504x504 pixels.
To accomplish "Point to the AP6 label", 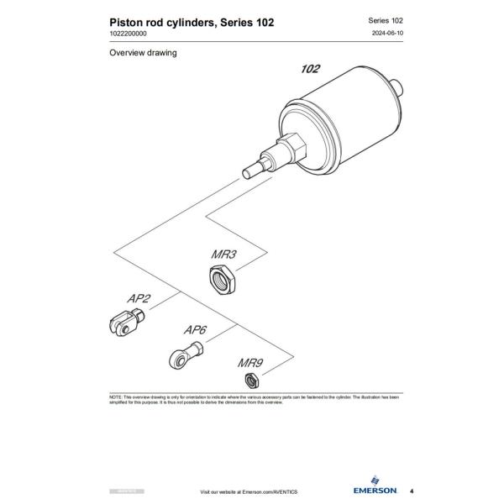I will tap(196, 330).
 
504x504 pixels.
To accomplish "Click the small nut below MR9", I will tap(250, 382).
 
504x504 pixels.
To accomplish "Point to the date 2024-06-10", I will tap(389, 33).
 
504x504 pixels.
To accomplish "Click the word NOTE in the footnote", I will tap(115, 396).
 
